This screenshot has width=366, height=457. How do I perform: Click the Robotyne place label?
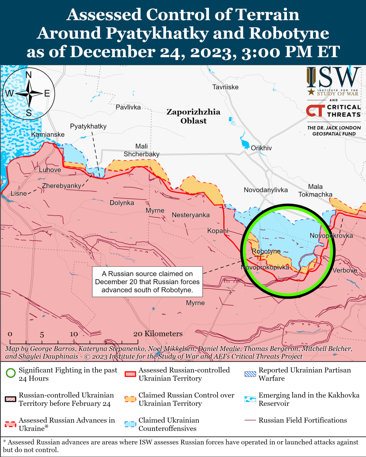(x=266, y=251)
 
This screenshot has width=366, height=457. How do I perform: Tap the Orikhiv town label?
(x=261, y=148)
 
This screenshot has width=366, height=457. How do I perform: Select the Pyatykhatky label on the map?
(x=88, y=126)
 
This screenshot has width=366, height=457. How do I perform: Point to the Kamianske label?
(x=48, y=135)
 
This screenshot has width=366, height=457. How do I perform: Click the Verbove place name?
(x=345, y=270)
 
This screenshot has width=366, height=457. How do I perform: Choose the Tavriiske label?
(x=225, y=87)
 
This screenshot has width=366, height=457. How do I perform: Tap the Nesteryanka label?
(x=191, y=215)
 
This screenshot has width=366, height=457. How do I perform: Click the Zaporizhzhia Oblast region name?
(x=193, y=116)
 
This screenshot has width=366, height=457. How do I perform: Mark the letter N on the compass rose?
(x=29, y=75)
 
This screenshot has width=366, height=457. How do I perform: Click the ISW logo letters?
(x=333, y=77)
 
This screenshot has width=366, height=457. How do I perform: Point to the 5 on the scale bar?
(x=42, y=335)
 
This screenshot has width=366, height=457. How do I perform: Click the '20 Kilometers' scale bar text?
(x=158, y=333)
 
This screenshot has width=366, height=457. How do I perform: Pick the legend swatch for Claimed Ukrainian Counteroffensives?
(x=130, y=424)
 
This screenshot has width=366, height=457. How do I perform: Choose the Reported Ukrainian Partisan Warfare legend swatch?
(x=250, y=374)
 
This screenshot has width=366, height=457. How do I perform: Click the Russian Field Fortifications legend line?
(x=250, y=420)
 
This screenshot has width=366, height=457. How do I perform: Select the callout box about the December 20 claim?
(x=147, y=282)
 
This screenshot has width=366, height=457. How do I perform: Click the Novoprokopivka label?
(x=265, y=267)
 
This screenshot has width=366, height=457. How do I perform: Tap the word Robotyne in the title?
(x=289, y=33)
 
